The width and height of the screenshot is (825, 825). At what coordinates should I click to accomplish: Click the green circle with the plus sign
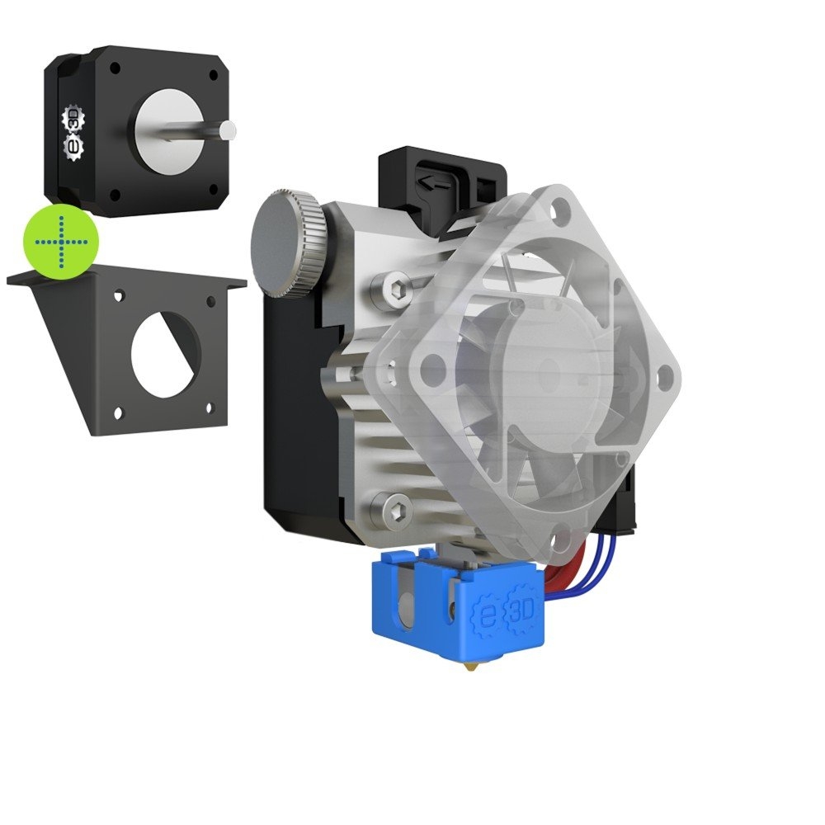[x=61, y=242]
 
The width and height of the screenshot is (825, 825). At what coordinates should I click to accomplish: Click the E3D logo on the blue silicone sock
[x=504, y=610]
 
